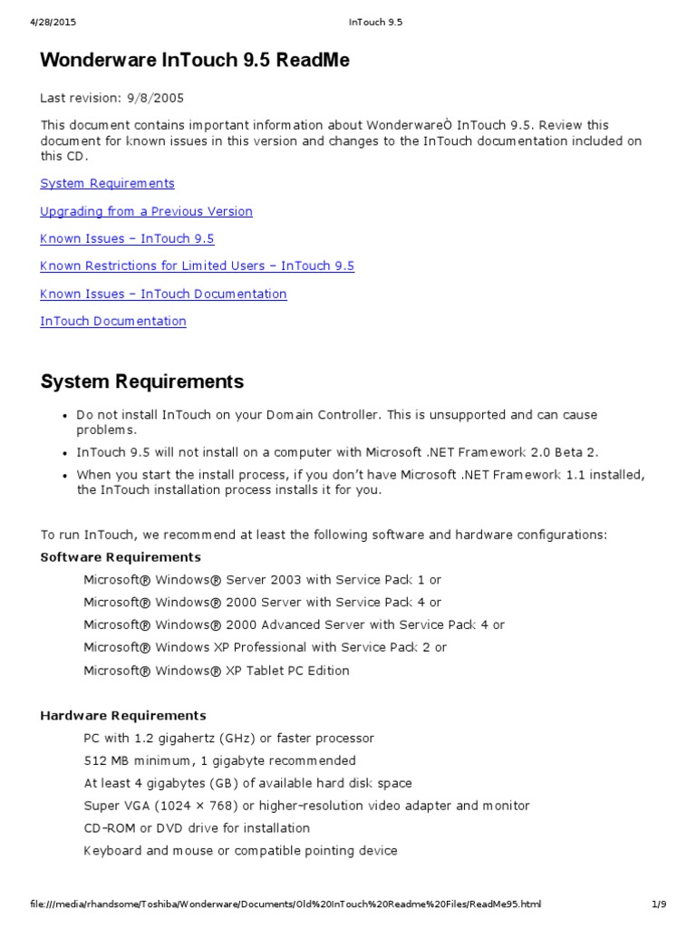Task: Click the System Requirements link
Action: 107,183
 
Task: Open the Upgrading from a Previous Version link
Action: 146,211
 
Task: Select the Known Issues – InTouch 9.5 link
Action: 127,238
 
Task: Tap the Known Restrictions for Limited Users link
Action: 197,266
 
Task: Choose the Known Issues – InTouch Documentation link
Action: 163,294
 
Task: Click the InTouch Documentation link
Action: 113,321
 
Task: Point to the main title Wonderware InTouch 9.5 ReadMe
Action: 195,61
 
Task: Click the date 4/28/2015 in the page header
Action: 42,22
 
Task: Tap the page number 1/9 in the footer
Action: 660,904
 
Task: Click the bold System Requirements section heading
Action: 142,382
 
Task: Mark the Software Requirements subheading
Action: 121,556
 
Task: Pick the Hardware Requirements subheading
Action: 123,715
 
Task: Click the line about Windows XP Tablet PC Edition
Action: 217,671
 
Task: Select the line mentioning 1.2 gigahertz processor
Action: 228,738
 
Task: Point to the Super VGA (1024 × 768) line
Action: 306,806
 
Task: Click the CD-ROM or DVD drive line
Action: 197,827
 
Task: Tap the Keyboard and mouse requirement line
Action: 240,850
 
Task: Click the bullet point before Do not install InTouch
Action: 65,415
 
